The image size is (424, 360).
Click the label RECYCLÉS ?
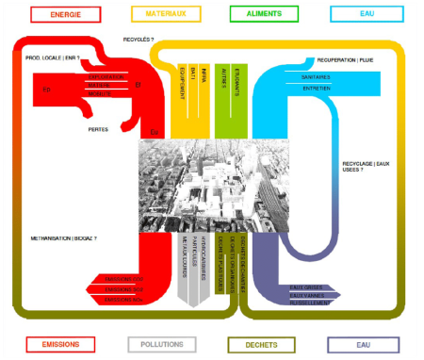click(x=139, y=40)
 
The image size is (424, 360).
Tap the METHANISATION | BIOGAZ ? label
click(x=63, y=238)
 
